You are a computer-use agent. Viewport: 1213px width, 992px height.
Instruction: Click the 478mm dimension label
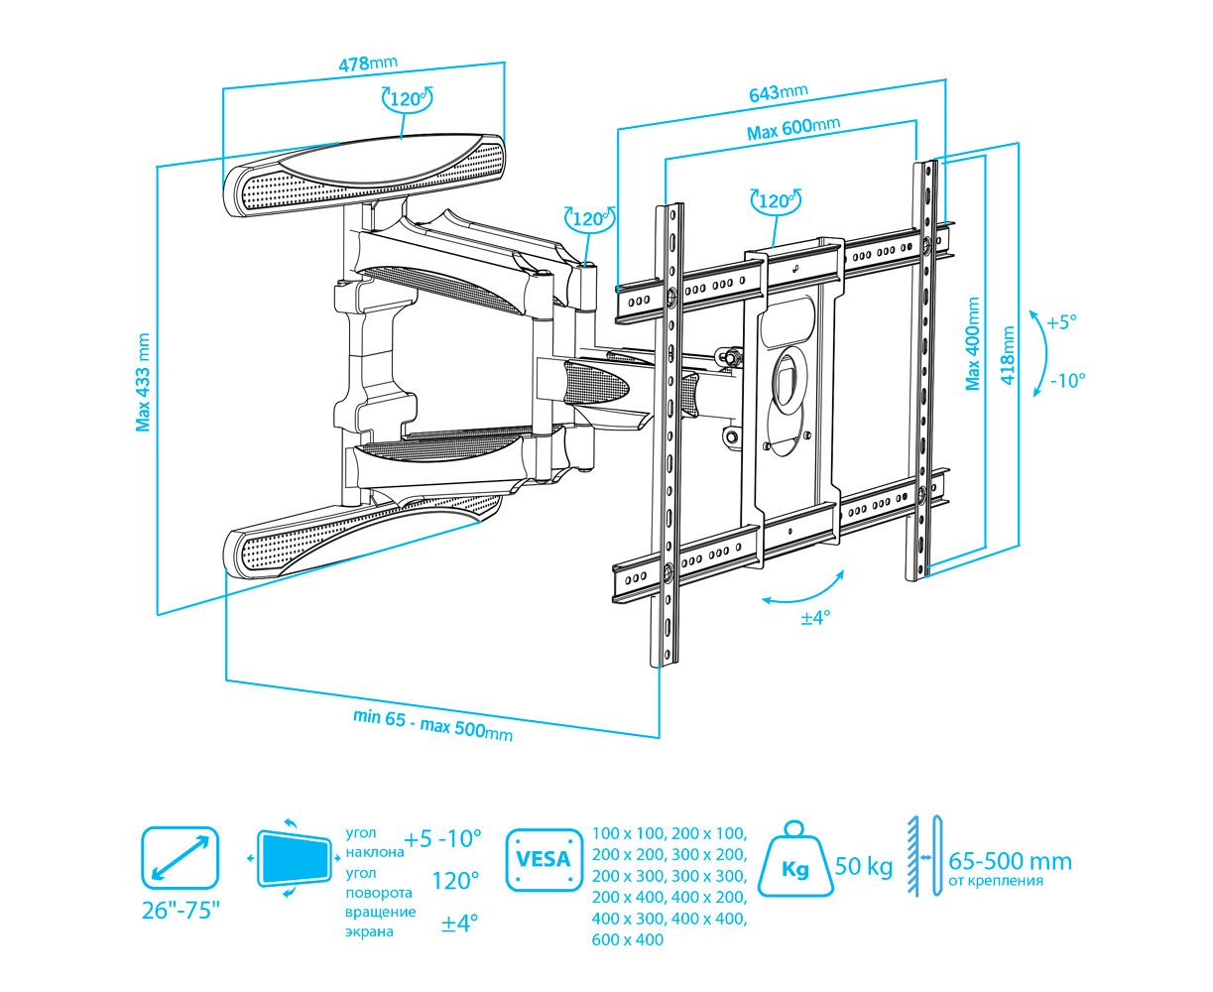368,63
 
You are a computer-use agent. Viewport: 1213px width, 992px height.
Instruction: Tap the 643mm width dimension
778,93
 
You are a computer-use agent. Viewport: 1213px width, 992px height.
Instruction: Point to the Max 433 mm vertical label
144,382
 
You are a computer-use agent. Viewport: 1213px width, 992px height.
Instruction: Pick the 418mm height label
1009,357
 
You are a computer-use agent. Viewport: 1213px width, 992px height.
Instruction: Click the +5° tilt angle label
1060,322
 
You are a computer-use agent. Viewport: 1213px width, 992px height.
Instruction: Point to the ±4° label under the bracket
815,618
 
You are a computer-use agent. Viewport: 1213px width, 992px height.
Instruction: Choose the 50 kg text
864,866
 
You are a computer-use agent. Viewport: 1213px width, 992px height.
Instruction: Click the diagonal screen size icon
180,858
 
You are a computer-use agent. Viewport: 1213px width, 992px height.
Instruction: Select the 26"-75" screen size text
181,910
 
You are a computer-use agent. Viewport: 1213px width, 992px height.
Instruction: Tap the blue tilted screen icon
294,858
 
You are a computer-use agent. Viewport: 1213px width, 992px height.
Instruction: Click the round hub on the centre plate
788,381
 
